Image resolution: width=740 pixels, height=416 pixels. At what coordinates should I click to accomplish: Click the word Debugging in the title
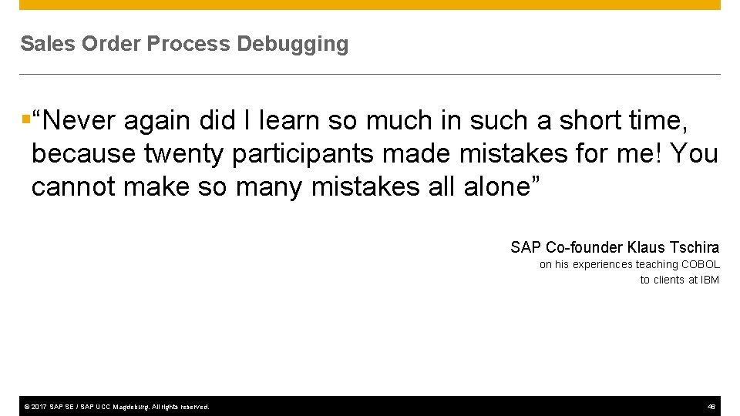pyautogui.click(x=293, y=45)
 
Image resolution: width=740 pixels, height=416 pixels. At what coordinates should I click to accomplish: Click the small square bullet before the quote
pyautogui.click(x=25, y=119)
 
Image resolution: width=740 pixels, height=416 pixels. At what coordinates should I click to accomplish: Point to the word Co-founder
pyautogui.click(x=585, y=247)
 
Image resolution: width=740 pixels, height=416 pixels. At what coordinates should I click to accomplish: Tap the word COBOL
pyautogui.click(x=701, y=264)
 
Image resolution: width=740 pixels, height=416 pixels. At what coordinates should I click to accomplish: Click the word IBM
pyautogui.click(x=710, y=280)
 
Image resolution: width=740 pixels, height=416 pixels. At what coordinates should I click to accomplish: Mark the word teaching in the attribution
pyautogui.click(x=657, y=264)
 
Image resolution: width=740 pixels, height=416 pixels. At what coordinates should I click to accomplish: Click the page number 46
pyautogui.click(x=711, y=406)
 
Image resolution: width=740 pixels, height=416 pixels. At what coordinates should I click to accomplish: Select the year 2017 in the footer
pyautogui.click(x=39, y=406)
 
